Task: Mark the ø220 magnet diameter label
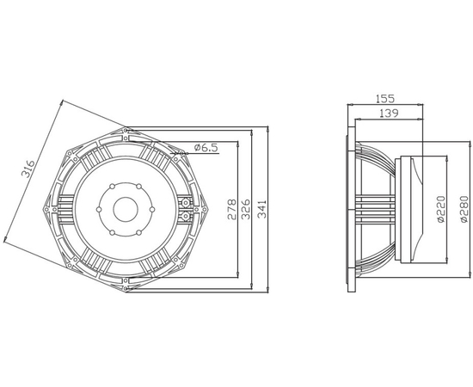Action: point(440,209)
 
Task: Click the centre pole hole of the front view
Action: point(126,208)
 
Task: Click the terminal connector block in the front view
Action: point(185,204)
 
